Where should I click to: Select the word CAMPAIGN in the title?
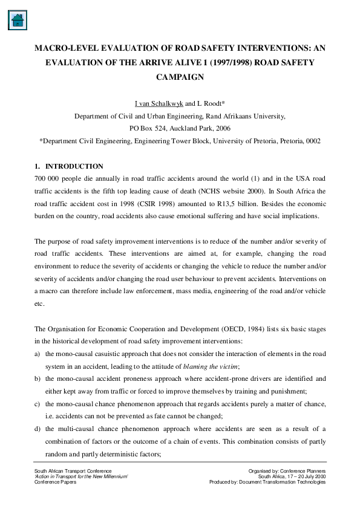tap(180, 77)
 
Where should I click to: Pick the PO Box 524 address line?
tap(180, 129)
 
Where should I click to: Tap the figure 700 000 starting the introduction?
tap(48, 180)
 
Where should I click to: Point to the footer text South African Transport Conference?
tap(73, 470)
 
